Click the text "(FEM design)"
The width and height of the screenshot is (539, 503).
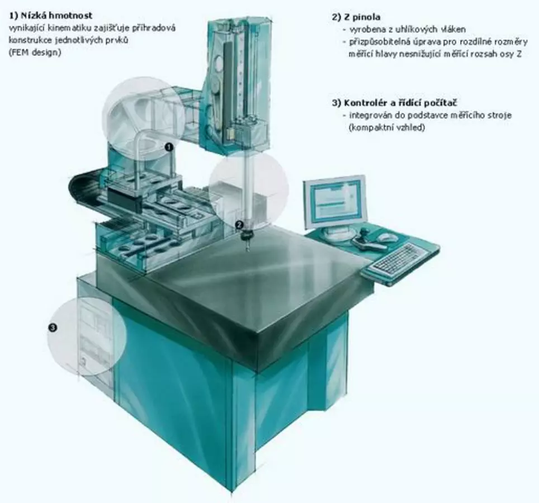[35, 53]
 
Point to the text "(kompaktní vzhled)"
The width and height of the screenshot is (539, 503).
[387, 127]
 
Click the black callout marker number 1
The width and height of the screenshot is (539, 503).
[168, 148]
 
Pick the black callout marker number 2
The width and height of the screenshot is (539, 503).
[239, 225]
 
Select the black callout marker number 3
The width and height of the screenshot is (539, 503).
[53, 328]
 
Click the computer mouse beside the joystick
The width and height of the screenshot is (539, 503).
[386, 237]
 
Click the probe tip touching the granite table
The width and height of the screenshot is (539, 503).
[247, 250]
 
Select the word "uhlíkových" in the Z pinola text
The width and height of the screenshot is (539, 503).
[416, 29]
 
